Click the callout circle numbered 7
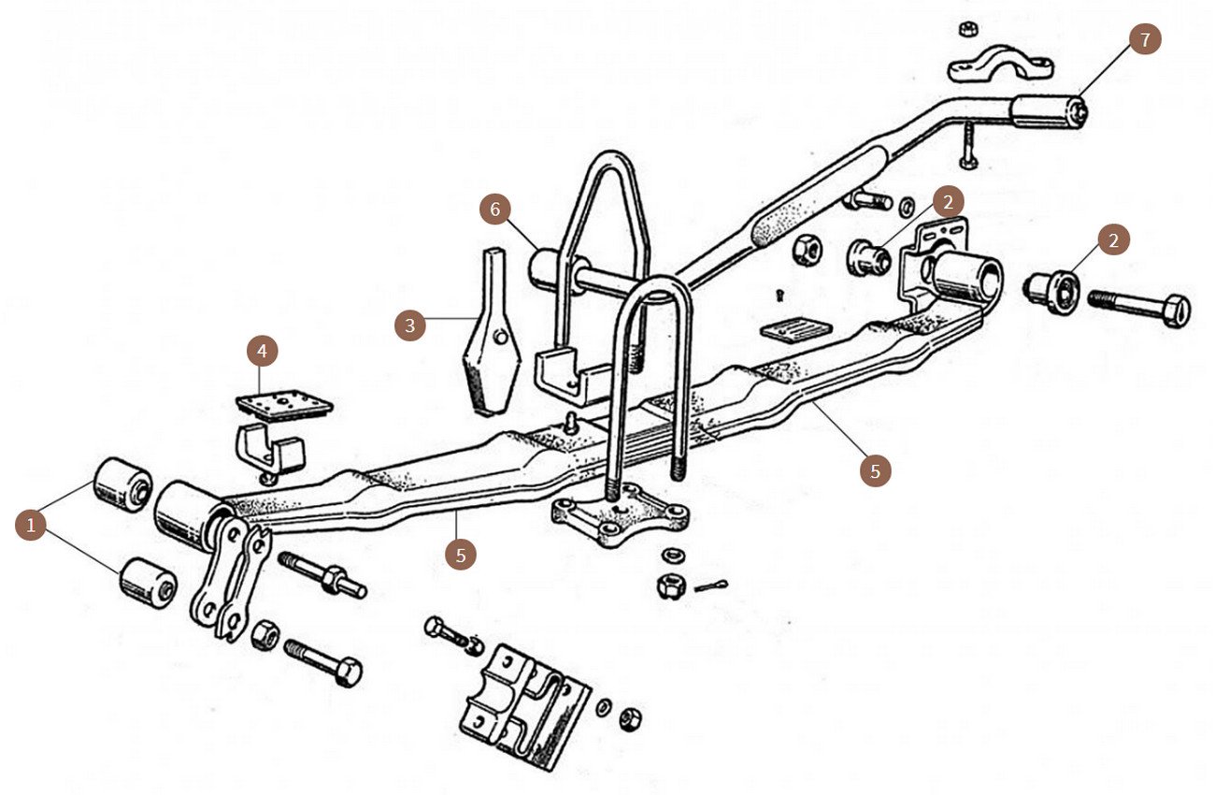coord(1144,39)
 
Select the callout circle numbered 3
coord(409,325)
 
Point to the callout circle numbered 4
coord(263,352)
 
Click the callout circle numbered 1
coord(32,526)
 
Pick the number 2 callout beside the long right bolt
coord(1112,240)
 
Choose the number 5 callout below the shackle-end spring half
coord(461,554)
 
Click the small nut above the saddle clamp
coord(968,27)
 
